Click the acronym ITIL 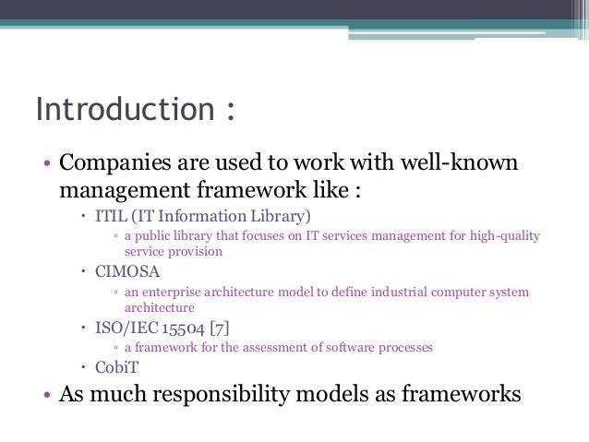tap(110, 217)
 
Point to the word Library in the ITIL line tap(276, 217)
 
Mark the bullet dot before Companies tap(47, 167)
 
